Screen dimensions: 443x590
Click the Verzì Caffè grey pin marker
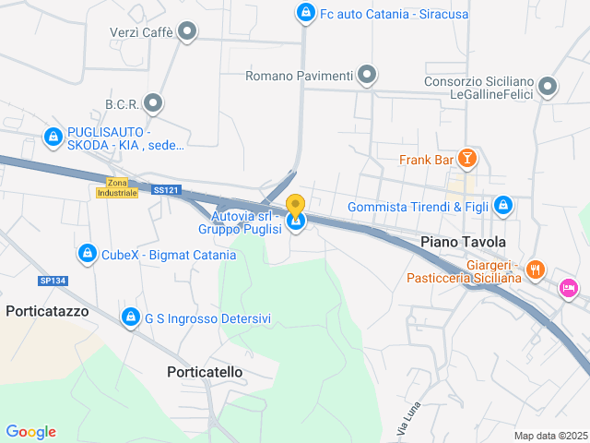(x=188, y=32)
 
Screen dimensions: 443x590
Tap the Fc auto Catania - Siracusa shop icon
(x=305, y=13)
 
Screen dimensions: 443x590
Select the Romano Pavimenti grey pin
(x=367, y=75)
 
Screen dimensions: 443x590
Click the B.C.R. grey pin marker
(x=153, y=103)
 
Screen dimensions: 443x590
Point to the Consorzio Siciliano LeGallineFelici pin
(x=548, y=88)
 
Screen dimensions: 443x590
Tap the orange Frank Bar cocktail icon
(x=467, y=160)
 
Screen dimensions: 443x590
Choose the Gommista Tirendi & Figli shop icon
(x=503, y=206)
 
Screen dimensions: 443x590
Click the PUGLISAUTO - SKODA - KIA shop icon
(x=53, y=138)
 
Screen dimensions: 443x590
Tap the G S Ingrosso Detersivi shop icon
(x=130, y=318)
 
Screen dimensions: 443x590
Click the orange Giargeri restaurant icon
(x=536, y=270)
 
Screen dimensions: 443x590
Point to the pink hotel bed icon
(x=569, y=289)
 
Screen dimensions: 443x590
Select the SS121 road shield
(x=167, y=190)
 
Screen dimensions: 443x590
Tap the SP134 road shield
(x=52, y=281)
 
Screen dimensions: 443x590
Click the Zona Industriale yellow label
(x=117, y=187)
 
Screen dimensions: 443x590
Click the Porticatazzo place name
(x=47, y=311)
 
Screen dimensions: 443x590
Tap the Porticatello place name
(x=205, y=371)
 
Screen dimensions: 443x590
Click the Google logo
(x=30, y=432)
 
